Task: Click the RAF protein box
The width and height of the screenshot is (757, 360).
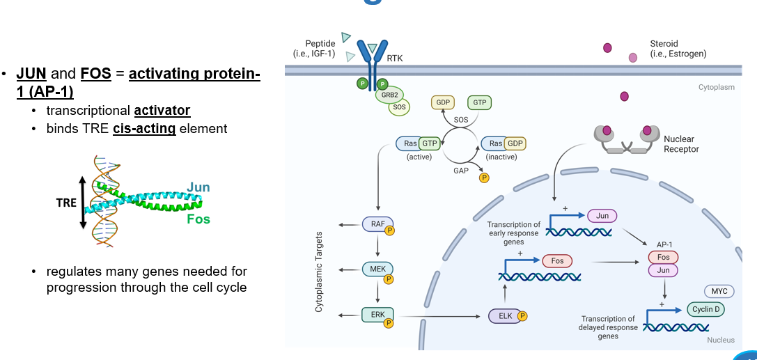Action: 377,224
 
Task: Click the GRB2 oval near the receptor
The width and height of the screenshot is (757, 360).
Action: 389,94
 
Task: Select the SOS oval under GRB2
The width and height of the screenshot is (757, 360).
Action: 399,107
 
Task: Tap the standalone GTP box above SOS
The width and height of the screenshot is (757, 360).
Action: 479,102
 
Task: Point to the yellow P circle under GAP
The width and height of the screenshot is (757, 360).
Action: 484,178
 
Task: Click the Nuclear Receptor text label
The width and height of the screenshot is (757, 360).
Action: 681,144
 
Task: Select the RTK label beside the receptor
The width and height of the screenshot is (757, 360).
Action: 395,58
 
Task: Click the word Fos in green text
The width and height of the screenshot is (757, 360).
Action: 198,219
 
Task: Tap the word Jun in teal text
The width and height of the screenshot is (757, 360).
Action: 198,188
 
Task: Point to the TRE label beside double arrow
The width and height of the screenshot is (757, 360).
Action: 66,203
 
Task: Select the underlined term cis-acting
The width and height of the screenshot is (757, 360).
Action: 143,129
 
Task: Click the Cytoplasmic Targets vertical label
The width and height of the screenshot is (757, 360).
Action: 319,272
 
